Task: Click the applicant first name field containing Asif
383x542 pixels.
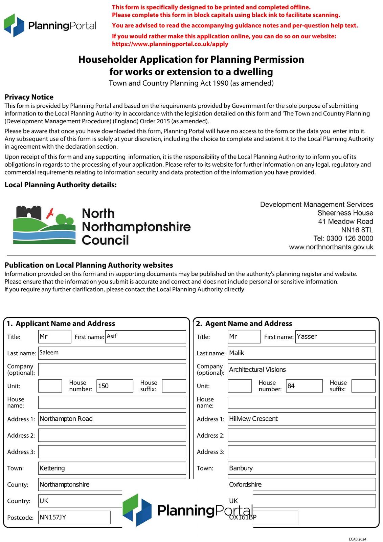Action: [145, 336]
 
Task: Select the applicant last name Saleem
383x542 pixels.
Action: [112, 353]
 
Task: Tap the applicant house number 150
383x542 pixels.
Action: [115, 386]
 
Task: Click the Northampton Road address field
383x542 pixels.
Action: [112, 419]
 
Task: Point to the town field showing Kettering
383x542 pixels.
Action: [112, 468]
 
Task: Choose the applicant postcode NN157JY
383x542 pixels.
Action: [74, 517]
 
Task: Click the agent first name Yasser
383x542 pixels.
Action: [335, 336]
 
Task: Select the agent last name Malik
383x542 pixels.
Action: [301, 353]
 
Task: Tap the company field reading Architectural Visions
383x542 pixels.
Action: [301, 370]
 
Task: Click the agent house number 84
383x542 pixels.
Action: [304, 386]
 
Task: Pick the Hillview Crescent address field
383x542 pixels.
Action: [301, 419]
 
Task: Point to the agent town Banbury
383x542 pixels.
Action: [301, 468]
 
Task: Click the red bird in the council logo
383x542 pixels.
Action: [50, 213]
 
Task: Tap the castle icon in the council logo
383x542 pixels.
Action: [28, 213]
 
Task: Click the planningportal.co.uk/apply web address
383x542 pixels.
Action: [170, 44]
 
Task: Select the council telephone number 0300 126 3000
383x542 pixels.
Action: [350, 238]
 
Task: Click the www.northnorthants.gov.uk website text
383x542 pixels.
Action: [331, 247]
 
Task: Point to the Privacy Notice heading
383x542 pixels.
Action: [29, 97]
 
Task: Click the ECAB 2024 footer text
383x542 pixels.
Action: [357, 539]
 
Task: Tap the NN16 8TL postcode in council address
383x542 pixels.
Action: [357, 230]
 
